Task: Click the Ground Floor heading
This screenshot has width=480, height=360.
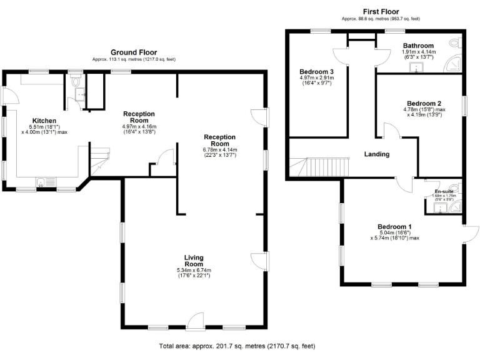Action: click(134, 52)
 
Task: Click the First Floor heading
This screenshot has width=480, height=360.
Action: click(381, 12)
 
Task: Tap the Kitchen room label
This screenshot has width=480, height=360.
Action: click(44, 121)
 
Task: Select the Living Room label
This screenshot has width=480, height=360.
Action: click(193, 261)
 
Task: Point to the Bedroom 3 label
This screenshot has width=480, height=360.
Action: click(317, 72)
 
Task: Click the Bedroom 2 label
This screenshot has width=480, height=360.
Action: click(424, 103)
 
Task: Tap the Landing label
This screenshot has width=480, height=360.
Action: click(377, 154)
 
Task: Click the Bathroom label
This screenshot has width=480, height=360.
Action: click(418, 46)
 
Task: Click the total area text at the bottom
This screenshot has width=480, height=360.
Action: click(237, 346)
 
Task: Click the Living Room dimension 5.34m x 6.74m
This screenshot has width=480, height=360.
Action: click(193, 271)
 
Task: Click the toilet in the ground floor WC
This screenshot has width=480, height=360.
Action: click(76, 81)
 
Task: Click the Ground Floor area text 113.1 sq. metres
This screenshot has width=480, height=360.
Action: click(134, 59)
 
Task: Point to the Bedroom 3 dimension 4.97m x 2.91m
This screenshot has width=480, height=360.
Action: click(317, 78)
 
